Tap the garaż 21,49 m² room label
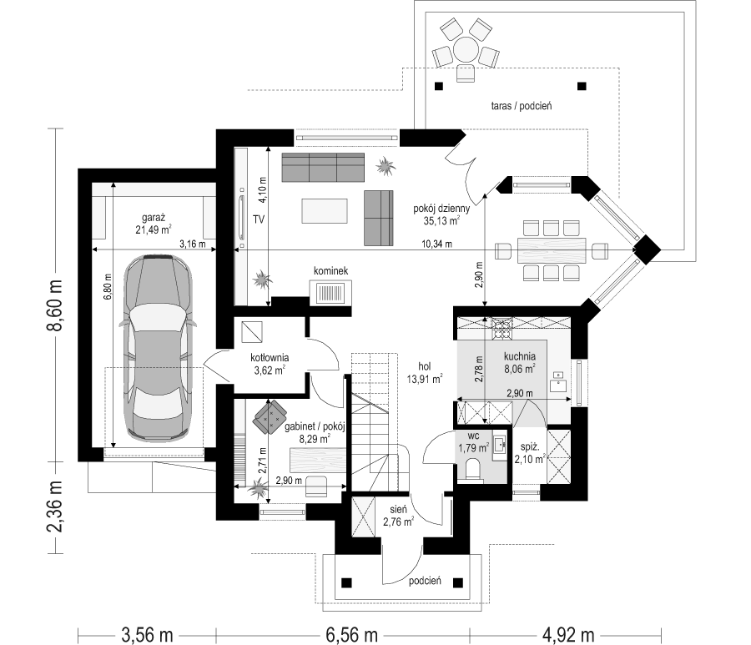[x=154, y=224]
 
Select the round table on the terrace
[x=465, y=48]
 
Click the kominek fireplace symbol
[x=331, y=292]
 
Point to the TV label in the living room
[x=259, y=219]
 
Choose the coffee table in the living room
[x=325, y=211]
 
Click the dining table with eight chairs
[x=552, y=250]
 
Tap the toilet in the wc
[x=471, y=468]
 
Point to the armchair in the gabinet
[x=270, y=416]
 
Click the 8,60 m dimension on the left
[x=57, y=305]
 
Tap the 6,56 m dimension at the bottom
[x=351, y=635]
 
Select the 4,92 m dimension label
[x=568, y=635]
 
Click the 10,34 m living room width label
[x=436, y=244]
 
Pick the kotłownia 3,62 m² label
[x=270, y=364]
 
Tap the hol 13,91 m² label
[x=425, y=372]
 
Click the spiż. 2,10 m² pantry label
[x=530, y=453]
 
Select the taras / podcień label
[x=521, y=105]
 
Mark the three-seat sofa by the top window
[x=323, y=167]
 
